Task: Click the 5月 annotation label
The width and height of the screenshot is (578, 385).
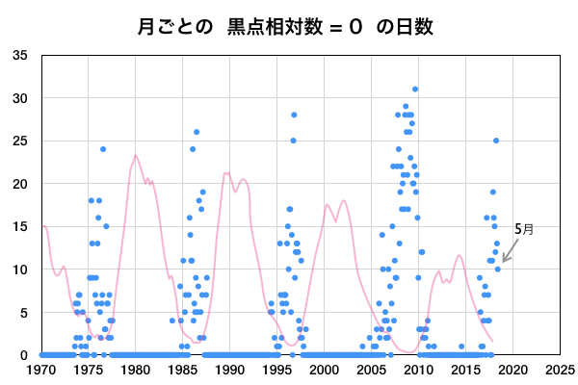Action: click(523, 229)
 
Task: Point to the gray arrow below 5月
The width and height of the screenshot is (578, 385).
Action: click(508, 252)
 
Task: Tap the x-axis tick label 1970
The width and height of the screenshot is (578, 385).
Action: click(41, 369)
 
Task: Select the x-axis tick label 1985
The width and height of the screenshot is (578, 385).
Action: click(183, 369)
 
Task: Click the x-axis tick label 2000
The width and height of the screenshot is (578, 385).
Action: click(325, 369)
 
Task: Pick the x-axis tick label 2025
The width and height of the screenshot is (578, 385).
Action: click(560, 369)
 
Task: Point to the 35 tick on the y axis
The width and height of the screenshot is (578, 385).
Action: click(19, 55)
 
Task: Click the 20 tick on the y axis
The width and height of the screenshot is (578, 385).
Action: click(19, 184)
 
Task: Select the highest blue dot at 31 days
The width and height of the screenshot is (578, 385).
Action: click(415, 90)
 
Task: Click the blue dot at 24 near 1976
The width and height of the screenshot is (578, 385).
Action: click(103, 149)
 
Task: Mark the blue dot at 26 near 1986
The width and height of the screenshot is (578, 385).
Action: click(197, 132)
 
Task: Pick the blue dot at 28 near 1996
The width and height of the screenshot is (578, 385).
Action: click(294, 115)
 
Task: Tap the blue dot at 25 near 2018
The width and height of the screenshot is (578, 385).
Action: click(496, 141)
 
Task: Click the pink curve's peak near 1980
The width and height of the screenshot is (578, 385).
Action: click(136, 155)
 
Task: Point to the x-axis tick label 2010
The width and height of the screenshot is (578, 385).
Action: click(418, 369)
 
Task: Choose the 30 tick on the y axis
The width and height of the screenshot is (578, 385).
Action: click(19, 98)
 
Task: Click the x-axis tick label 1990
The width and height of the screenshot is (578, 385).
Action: click(230, 369)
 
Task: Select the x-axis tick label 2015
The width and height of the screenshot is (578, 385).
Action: click(465, 369)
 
